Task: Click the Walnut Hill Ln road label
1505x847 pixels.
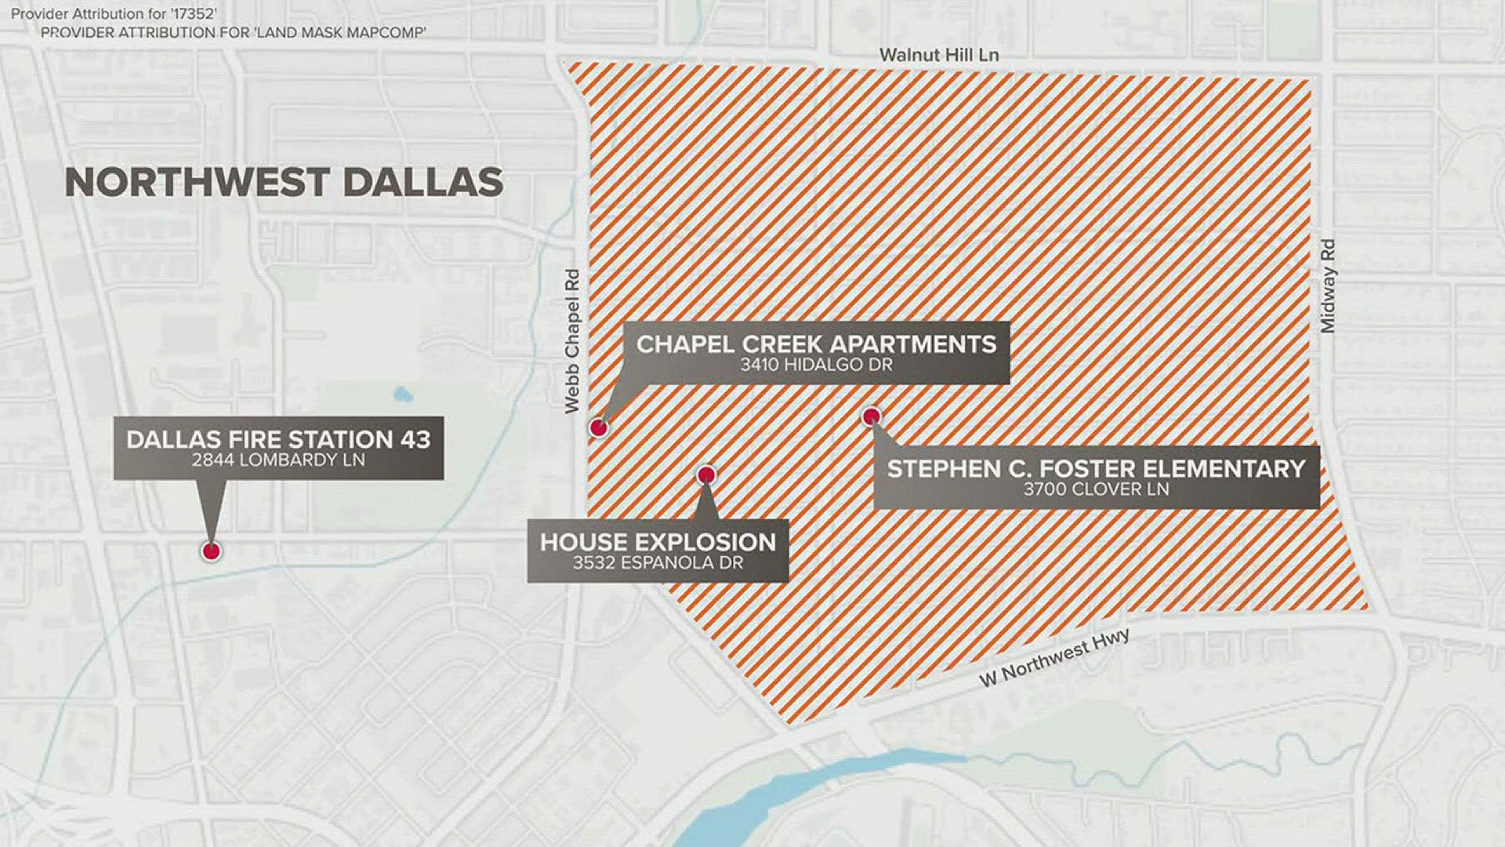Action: (938, 55)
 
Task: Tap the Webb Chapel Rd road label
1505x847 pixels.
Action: (572, 341)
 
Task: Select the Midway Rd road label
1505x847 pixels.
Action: (1327, 286)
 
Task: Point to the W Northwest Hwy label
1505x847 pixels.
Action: (1054, 657)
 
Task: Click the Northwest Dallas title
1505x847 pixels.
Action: (284, 183)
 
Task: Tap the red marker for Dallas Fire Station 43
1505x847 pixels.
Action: (211, 551)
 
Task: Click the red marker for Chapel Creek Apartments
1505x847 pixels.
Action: (599, 427)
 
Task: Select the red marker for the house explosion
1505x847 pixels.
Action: (706, 474)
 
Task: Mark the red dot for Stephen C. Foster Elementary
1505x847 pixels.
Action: (871, 416)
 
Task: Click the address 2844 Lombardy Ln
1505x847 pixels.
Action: (278, 460)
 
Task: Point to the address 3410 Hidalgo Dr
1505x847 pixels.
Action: (816, 365)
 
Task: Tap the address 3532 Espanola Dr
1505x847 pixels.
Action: (658, 563)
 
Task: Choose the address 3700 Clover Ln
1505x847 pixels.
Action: (1096, 489)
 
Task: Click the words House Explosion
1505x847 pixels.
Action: (658, 542)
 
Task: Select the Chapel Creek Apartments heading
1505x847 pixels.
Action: (816, 344)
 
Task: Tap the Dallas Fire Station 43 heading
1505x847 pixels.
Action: (278, 439)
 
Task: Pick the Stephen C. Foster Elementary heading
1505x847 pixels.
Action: (1096, 469)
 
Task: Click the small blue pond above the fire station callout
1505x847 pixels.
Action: (403, 394)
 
